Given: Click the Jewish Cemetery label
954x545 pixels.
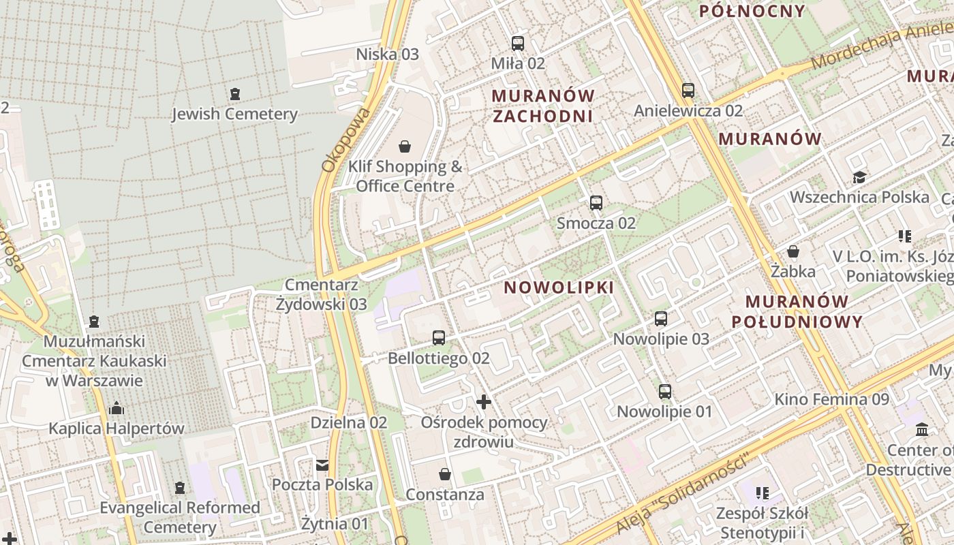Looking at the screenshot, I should [234, 114].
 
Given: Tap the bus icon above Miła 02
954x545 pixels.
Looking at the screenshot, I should [518, 44].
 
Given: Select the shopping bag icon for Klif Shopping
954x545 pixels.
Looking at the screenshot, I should [405, 146].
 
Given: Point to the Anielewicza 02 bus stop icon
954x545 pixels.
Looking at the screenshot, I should [688, 91].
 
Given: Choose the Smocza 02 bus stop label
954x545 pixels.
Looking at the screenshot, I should [596, 223].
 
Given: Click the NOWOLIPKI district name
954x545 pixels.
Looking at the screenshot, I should [559, 287].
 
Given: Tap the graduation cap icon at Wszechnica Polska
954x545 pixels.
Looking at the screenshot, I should [859, 178].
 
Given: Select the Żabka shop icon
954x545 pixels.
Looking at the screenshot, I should [793, 251].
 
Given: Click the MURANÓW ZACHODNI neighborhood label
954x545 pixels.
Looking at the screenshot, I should [543, 106].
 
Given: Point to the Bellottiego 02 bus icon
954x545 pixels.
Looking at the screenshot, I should [439, 338].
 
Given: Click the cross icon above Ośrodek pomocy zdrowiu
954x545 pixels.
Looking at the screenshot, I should [484, 402].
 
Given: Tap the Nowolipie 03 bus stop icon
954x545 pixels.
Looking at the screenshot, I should [661, 319].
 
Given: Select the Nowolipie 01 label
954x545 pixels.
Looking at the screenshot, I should [664, 411].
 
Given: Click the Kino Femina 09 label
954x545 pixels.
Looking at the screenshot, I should [831, 399].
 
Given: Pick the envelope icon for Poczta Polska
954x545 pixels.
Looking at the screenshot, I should [322, 465].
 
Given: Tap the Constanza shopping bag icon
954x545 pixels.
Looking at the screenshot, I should [445, 474].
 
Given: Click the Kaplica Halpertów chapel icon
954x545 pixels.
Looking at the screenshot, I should [117, 409].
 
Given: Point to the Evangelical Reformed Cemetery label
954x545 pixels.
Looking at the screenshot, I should [180, 517].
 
